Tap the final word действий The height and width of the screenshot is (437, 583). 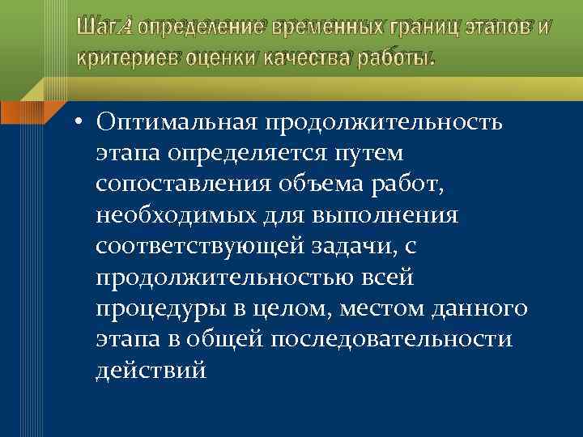pyautogui.click(x=151, y=371)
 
